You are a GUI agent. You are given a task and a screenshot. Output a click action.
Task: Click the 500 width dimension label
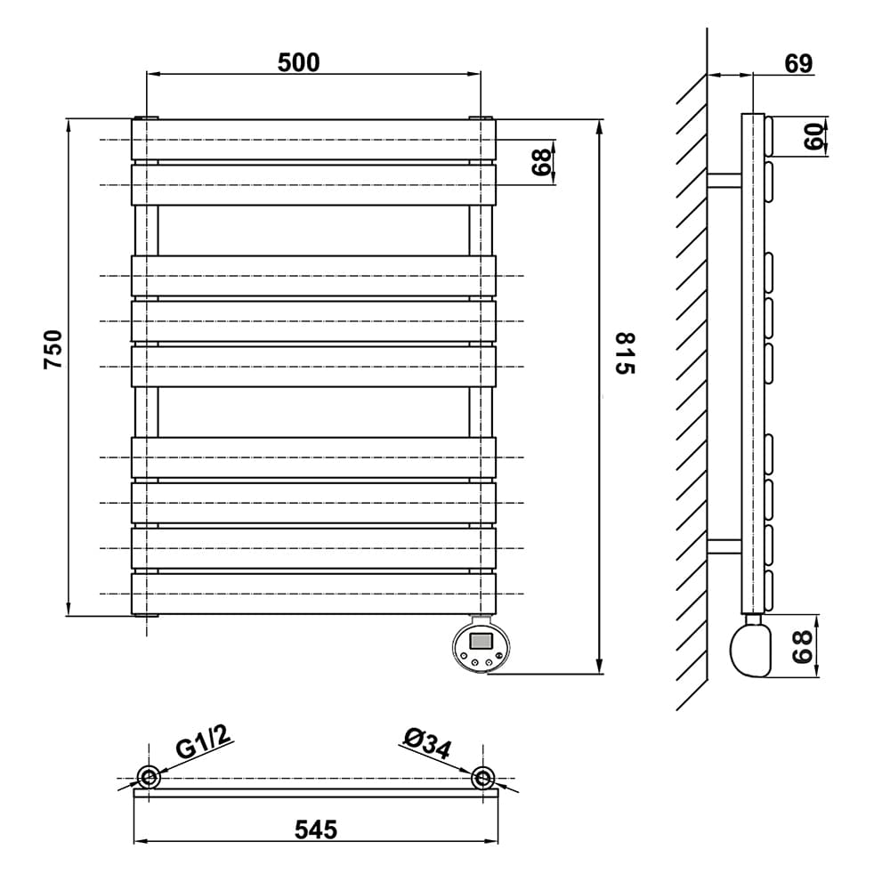pyautogui.click(x=298, y=62)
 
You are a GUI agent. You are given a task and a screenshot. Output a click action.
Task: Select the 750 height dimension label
pyautogui.click(x=53, y=349)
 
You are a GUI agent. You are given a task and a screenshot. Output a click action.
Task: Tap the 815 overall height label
pyautogui.click(x=625, y=353)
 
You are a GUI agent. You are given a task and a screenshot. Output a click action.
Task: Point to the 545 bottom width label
pyautogui.click(x=316, y=829)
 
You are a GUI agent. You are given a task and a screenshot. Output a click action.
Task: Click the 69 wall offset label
pyautogui.click(x=798, y=63)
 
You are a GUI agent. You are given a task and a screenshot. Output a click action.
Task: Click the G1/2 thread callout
pyautogui.click(x=204, y=743)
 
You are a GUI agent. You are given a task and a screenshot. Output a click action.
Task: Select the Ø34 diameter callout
pyautogui.click(x=427, y=743)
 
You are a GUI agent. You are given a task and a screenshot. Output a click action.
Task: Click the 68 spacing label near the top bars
pyautogui.click(x=541, y=162)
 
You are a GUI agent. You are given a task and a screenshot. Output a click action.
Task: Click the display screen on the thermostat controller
pyautogui.click(x=481, y=642)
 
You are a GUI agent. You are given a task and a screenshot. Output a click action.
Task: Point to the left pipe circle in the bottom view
pyautogui.click(x=149, y=777)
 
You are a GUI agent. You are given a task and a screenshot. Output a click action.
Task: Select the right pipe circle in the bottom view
pyautogui.click(x=483, y=777)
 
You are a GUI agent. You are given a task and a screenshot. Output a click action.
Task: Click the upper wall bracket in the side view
pyautogui.click(x=724, y=181)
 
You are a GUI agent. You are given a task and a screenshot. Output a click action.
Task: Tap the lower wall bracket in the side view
pyautogui.click(x=724, y=546)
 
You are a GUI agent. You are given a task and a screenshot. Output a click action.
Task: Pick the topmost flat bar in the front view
pyautogui.click(x=314, y=140)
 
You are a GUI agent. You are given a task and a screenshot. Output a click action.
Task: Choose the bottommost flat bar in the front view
pyautogui.click(x=314, y=594)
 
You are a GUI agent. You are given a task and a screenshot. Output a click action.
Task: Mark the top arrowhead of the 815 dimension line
pyautogui.click(x=599, y=127)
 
